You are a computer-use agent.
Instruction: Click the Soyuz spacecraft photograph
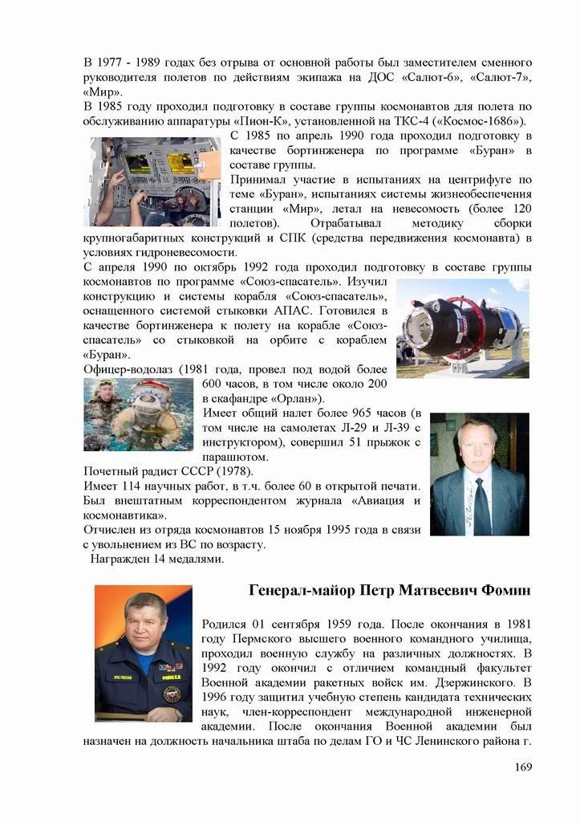pyautogui.click(x=463, y=328)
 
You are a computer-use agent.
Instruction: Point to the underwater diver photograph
pyautogui.click(x=138, y=414)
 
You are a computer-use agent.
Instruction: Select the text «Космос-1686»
pyautogui.click(x=478, y=121)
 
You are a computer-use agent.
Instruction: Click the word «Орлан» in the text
pyautogui.click(x=290, y=398)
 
